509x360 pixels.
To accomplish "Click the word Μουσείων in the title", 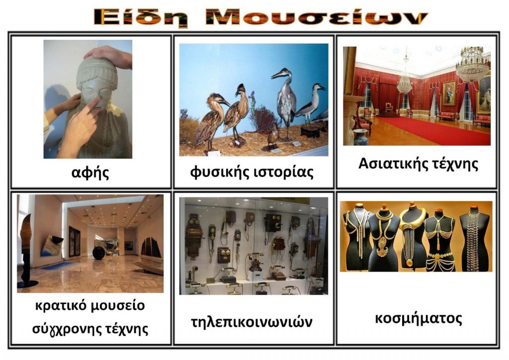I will click(316, 18).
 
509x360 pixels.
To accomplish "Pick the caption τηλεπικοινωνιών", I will click(252, 322).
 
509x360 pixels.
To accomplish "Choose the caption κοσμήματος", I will click(418, 318).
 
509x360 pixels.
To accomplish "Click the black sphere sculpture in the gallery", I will click(98, 253).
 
